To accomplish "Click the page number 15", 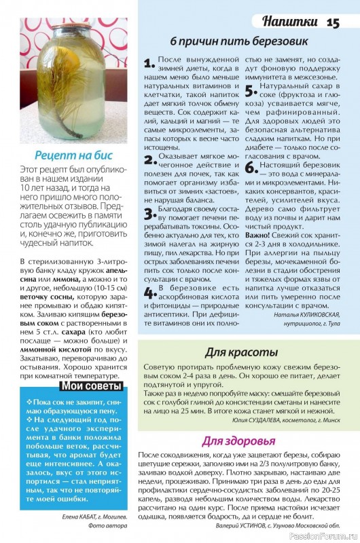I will click(x=333, y=22).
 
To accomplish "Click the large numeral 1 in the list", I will click(x=149, y=64).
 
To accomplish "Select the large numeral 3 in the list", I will click(x=149, y=214).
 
